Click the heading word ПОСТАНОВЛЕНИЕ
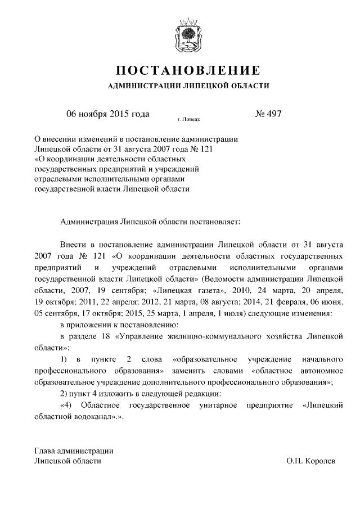[188, 71]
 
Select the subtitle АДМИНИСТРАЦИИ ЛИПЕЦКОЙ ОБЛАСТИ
[188, 86]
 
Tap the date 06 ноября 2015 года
[107, 114]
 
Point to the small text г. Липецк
[189, 120]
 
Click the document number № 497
[268, 114]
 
